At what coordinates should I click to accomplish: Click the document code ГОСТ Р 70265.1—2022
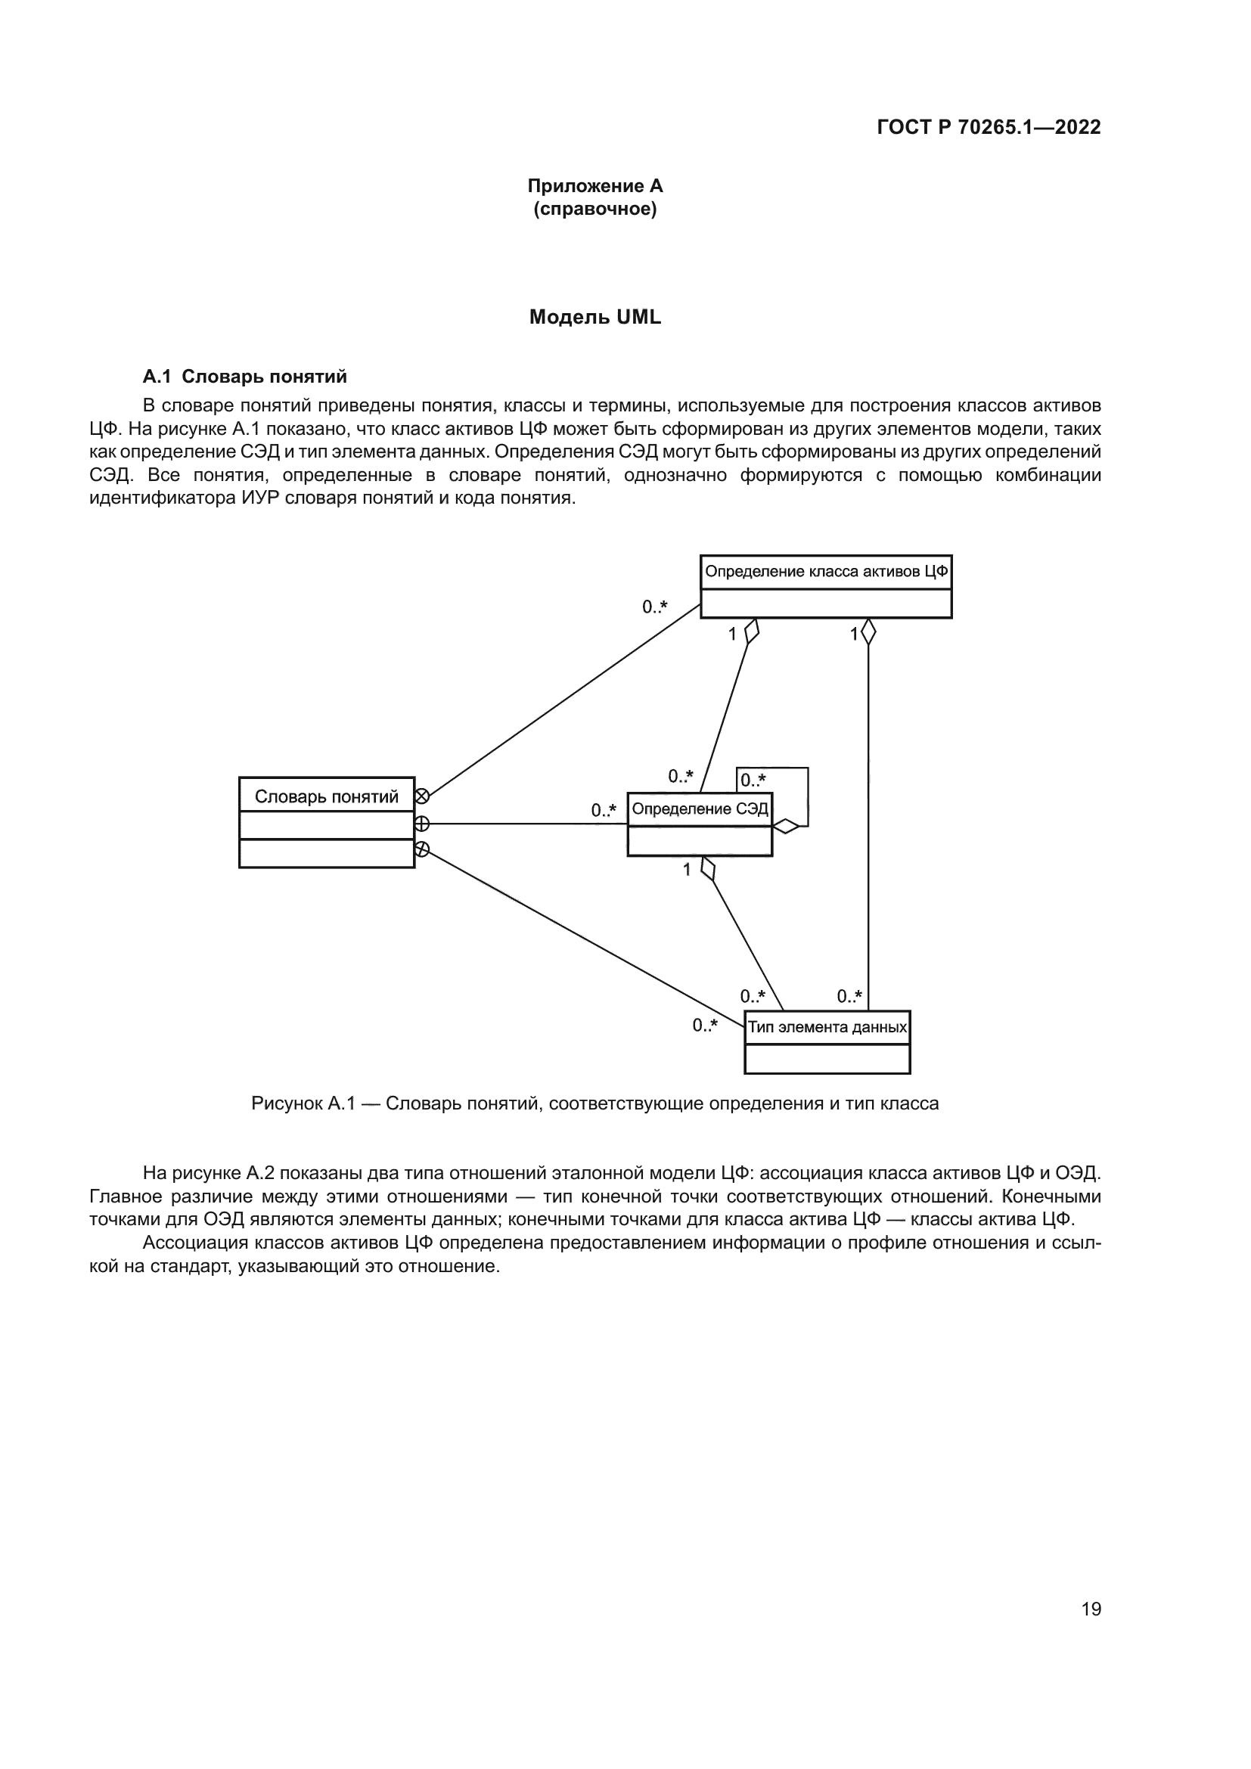[989, 127]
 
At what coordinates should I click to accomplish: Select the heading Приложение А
[594, 186]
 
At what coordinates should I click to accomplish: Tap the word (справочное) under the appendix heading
[594, 209]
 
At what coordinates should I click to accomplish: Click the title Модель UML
[594, 318]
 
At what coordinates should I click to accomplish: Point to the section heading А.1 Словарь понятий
[245, 377]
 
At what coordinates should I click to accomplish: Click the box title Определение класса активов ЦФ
[826, 572]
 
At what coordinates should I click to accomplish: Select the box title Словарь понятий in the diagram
[327, 796]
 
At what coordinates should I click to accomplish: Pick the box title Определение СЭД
[700, 809]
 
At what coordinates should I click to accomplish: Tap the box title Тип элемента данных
[827, 1027]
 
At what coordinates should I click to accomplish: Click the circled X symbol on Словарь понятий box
[422, 796]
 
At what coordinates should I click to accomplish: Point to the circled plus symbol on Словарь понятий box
[422, 824]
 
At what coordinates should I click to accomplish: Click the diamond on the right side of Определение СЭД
[786, 827]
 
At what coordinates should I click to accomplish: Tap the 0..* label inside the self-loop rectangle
[753, 781]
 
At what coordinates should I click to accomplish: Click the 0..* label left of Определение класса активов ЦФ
[655, 607]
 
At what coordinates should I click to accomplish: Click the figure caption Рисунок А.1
[594, 1103]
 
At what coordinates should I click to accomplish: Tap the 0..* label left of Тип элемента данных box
[705, 1026]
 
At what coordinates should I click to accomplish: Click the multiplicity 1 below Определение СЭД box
[687, 871]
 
